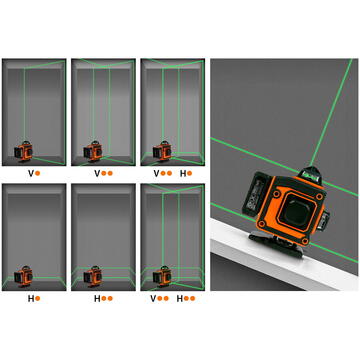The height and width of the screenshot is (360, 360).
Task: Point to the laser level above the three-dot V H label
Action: [161, 149]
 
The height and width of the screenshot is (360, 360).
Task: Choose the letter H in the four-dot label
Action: [180, 297]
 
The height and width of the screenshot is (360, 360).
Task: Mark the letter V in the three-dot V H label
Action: [154, 172]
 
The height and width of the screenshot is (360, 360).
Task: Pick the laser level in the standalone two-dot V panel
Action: [94, 149]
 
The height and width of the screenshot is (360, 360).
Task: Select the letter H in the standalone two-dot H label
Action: [96, 297]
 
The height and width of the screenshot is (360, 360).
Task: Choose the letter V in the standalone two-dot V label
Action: [96, 172]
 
